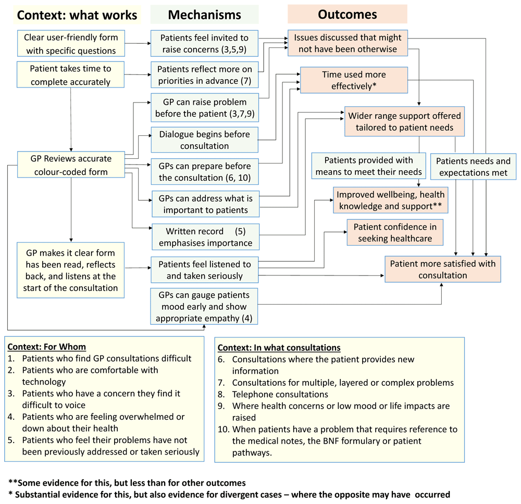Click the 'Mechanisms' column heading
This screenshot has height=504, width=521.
(204, 15)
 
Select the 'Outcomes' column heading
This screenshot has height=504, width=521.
(347, 14)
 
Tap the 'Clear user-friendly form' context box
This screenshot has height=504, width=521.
(71, 44)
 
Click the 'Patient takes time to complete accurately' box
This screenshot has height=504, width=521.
(70, 74)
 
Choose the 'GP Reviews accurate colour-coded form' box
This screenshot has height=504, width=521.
(71, 165)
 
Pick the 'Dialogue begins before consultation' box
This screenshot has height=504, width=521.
(204, 140)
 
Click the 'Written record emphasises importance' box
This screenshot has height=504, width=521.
(205, 237)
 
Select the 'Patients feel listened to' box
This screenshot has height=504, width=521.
(204, 270)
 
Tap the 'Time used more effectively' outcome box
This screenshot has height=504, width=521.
(354, 80)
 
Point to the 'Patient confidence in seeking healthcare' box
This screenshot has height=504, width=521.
(395, 232)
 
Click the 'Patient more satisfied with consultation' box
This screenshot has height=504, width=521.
(442, 269)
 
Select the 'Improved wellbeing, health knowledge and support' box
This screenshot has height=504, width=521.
(390, 200)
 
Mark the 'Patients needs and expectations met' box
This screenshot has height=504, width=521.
(473, 167)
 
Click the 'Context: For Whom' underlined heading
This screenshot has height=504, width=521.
(47, 347)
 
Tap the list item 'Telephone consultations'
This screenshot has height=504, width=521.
(280, 394)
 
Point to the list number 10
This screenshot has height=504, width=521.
(224, 430)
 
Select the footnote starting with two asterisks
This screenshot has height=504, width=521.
(127, 483)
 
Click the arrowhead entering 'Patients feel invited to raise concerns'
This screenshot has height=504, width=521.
(149, 43)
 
